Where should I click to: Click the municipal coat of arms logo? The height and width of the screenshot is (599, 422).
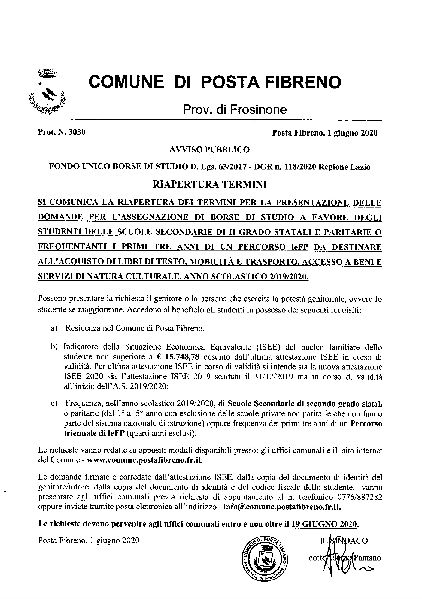[x=47, y=92]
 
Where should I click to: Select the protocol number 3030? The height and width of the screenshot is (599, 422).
[x=77, y=133]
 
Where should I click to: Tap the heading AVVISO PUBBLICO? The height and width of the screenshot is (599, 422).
[x=209, y=150]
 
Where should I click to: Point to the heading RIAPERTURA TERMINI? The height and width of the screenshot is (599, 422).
[x=210, y=185]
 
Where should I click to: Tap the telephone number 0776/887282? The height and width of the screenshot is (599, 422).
[x=359, y=497]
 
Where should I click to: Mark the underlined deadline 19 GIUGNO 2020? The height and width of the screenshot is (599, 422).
[x=324, y=524]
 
